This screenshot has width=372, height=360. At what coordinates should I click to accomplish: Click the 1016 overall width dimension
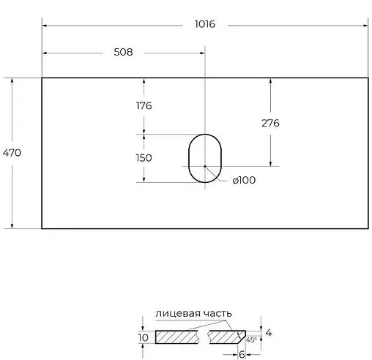coord(205,24)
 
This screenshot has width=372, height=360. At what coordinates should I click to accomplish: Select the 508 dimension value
coord(123,52)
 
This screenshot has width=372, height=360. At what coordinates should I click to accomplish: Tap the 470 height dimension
coord(12,153)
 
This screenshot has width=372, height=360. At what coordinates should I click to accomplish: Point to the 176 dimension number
coord(144,105)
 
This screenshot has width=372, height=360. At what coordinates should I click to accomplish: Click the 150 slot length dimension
coord(144,158)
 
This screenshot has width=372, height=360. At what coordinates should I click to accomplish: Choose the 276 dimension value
coord(270,123)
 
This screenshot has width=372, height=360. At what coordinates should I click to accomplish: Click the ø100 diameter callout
coord(244,180)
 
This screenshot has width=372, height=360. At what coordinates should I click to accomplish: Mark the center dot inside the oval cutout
coord(205,166)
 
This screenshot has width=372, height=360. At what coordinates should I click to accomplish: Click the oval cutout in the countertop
coord(189,159)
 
